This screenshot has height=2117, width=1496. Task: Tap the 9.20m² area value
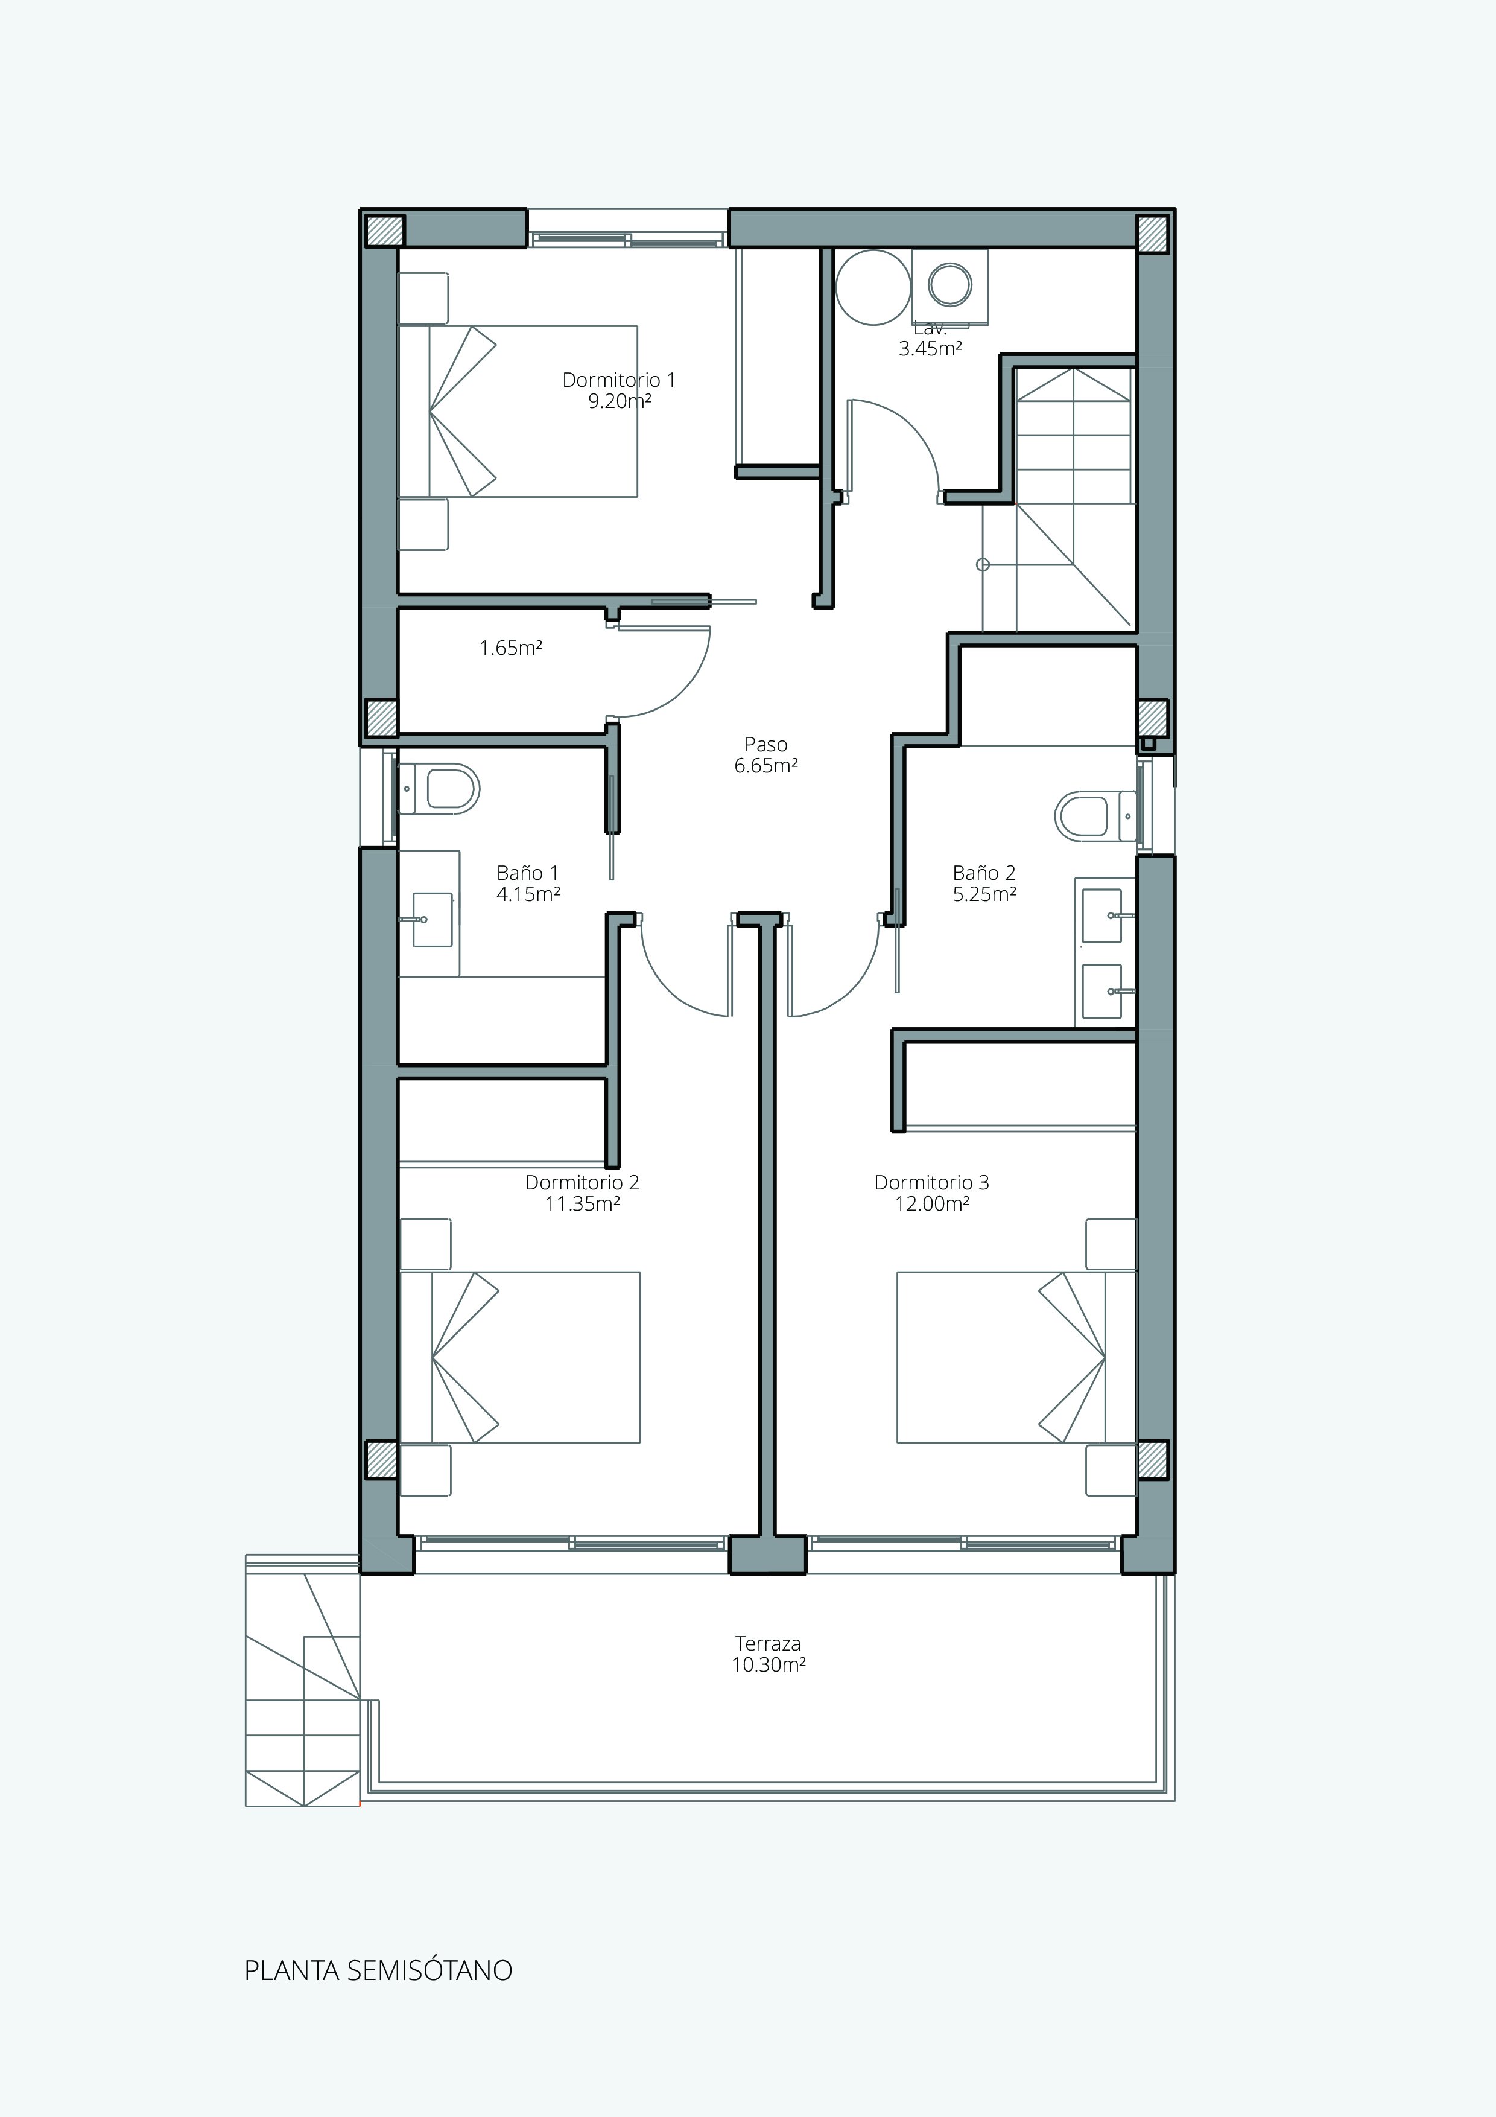click(x=620, y=401)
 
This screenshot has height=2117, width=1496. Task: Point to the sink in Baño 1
click(x=433, y=919)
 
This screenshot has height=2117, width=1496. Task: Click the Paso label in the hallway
click(x=766, y=744)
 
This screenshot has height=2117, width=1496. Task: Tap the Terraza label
click(x=768, y=1643)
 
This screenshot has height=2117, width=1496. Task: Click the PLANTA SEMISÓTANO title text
click(x=378, y=1970)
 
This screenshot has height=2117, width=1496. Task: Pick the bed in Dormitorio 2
click(x=521, y=1357)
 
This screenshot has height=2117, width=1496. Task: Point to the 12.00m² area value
click(x=932, y=1204)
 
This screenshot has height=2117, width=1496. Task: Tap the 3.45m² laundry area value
click(x=930, y=349)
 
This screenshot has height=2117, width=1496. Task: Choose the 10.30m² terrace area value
click(x=769, y=1665)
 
